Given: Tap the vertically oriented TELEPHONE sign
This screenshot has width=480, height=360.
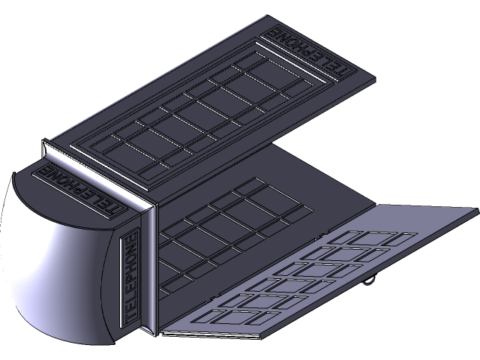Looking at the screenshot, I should pos(130,279).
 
